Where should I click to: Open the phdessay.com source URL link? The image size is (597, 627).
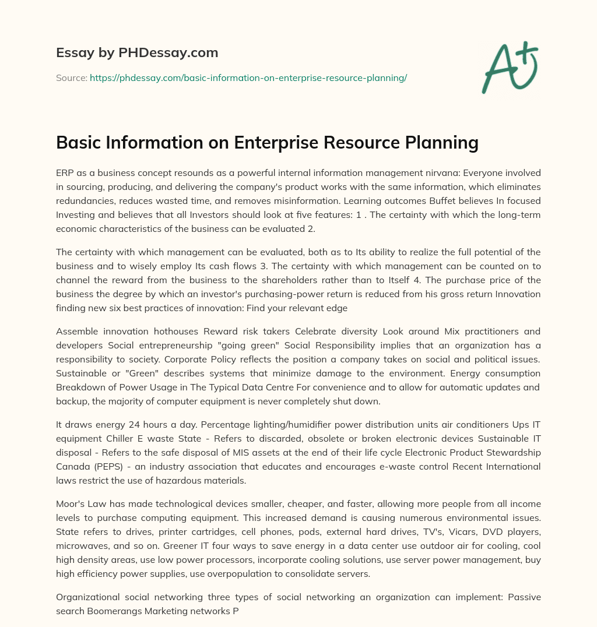click(248, 78)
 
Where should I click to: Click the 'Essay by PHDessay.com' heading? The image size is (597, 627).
click(137, 53)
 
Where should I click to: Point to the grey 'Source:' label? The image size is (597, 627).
click(71, 78)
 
